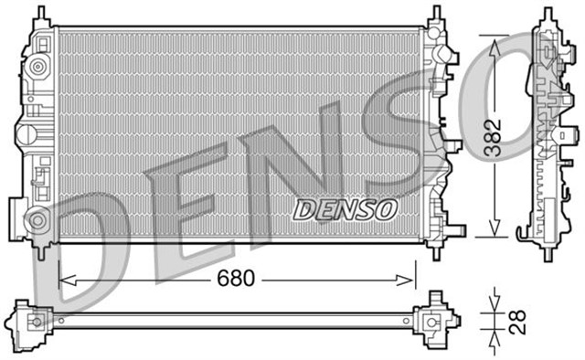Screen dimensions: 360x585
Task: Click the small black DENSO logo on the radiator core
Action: point(345,209)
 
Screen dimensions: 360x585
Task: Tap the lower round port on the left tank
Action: point(37,219)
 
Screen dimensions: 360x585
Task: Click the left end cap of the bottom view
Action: point(30,322)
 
